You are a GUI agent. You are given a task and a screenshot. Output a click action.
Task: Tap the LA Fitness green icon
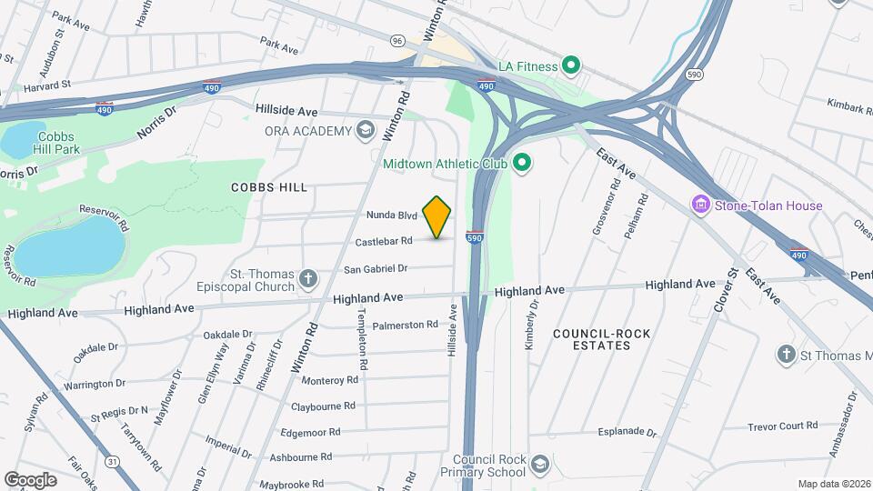pyautogui.click(x=571, y=65)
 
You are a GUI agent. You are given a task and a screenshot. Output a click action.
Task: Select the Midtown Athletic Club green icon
pyautogui.click(x=522, y=164)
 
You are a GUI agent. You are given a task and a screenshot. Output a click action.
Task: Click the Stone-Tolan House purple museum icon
pyautogui.click(x=701, y=205)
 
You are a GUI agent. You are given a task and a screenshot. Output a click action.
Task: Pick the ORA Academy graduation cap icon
pyautogui.click(x=366, y=131)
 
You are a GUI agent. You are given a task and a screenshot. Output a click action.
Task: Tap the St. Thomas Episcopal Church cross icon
pyautogui.click(x=309, y=277)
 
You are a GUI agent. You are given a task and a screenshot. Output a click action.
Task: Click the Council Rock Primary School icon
pyautogui.click(x=540, y=466)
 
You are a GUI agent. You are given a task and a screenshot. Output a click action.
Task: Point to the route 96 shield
pyautogui.click(x=396, y=41)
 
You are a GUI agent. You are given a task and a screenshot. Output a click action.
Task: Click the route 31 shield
pyautogui.click(x=112, y=462)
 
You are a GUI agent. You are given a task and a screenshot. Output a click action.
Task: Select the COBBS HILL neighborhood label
pyautogui.click(x=268, y=186)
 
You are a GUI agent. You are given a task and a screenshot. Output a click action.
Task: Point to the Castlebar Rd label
pyautogui.click(x=385, y=241)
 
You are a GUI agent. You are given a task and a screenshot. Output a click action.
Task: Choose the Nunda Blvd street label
pyautogui.click(x=392, y=215)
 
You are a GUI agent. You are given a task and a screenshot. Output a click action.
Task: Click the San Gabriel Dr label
pyautogui.click(x=375, y=268)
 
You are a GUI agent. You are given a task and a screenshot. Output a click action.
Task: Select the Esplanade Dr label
pyautogui.click(x=627, y=432)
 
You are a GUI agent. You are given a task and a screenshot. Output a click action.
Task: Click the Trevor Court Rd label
pyautogui.click(x=784, y=426)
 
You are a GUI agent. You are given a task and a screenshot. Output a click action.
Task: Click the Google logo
pyautogui.click(x=31, y=479)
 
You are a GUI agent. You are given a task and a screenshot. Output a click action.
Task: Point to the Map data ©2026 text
pyautogui.click(x=834, y=484)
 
